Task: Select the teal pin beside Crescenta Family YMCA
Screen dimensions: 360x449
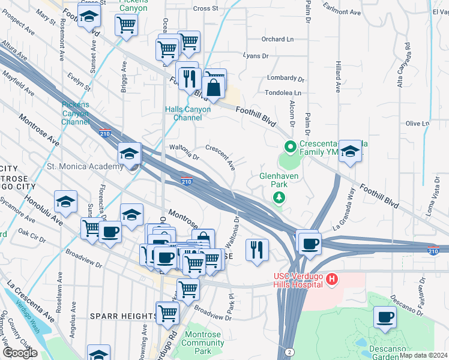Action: click(x=290, y=146)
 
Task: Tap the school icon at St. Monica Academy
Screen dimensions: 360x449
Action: click(x=129, y=154)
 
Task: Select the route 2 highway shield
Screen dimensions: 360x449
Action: click(x=289, y=351)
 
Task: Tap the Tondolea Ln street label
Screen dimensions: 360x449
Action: click(x=283, y=93)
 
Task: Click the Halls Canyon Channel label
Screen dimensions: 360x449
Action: click(x=188, y=113)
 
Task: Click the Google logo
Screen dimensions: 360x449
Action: click(x=20, y=352)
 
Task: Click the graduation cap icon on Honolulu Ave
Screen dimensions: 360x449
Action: click(x=65, y=202)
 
